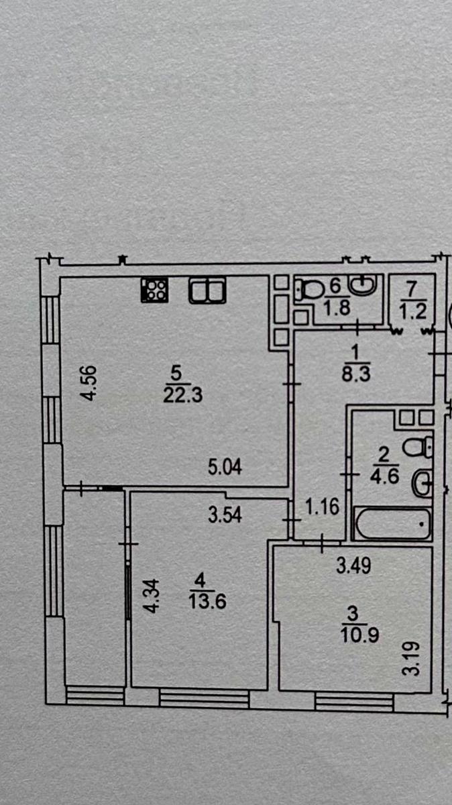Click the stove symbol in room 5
click(155, 290)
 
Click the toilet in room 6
click(308, 290)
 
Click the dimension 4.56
click(89, 383)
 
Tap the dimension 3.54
click(225, 516)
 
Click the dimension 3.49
click(352, 568)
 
